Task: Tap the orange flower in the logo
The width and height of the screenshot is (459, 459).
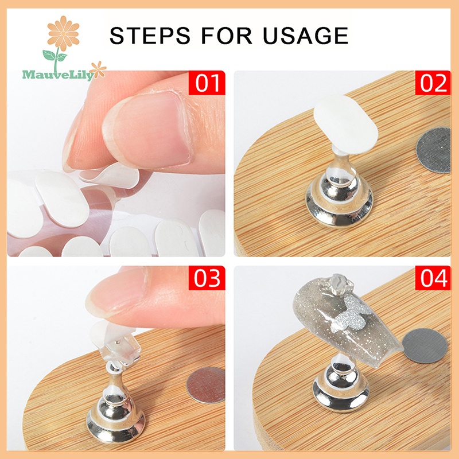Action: pos(63,33)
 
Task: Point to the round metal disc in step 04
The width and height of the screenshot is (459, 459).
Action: pos(425,345)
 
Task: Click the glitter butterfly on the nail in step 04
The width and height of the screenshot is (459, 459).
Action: pos(350,313)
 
